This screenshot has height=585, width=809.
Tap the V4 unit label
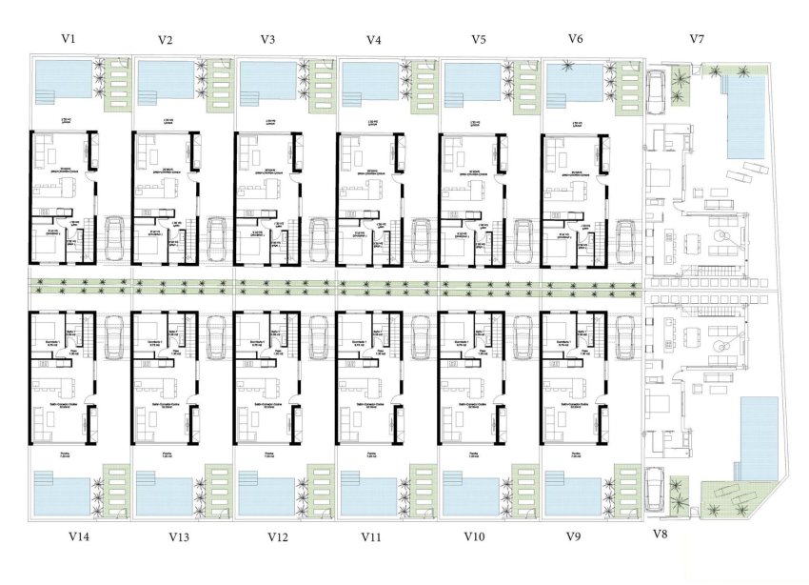373,40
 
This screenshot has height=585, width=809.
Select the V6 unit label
575,39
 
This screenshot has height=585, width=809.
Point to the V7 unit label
697,39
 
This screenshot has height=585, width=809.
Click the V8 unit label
661,534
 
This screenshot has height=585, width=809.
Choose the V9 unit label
573,537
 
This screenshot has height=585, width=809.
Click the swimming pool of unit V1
61,81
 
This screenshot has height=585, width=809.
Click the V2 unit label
166,40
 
